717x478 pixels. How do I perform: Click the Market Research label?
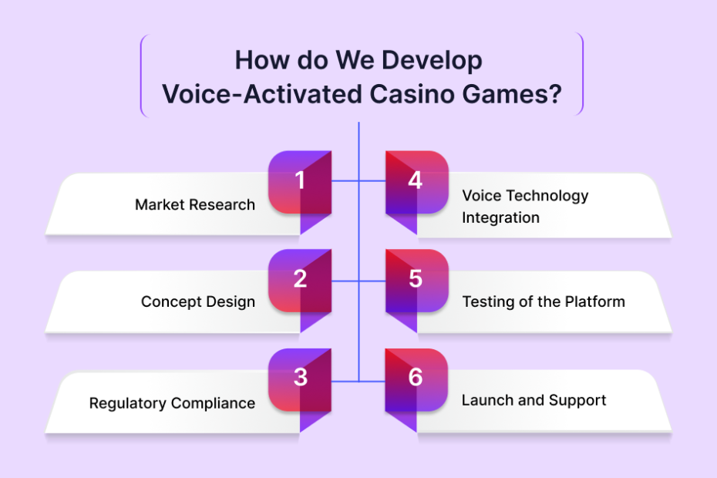195,204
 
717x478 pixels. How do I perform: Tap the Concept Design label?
198,302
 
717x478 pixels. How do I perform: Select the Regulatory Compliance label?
172,403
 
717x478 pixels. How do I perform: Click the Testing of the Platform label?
544,301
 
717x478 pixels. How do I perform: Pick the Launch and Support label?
534,400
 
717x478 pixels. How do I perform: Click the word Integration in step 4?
500,217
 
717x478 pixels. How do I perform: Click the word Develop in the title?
432,61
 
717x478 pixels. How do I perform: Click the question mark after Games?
555,94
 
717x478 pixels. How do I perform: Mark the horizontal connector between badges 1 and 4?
358,181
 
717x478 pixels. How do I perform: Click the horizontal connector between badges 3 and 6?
358,381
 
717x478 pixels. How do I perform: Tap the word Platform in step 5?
595,301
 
